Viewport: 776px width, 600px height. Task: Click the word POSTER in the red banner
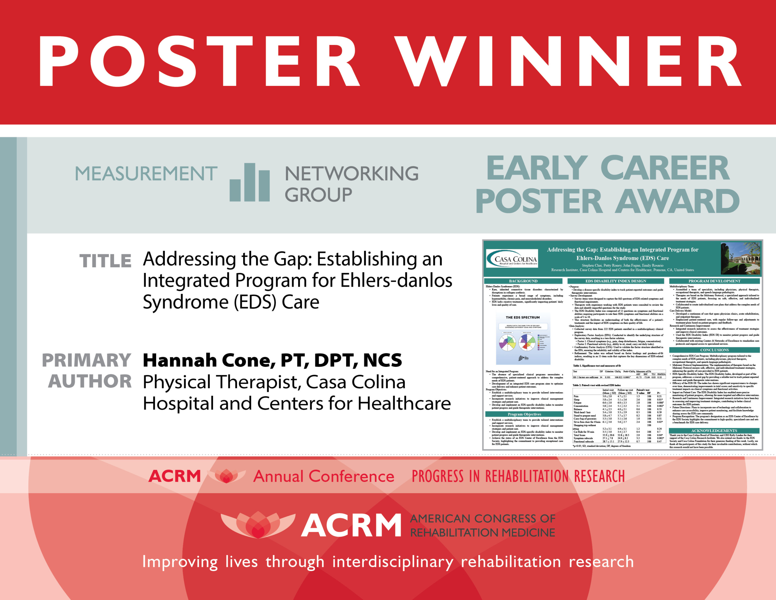[199, 61]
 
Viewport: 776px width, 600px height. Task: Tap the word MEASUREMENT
[146, 174]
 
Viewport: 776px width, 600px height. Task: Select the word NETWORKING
[351, 174]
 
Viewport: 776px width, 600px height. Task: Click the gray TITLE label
[105, 261]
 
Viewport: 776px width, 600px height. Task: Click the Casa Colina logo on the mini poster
[512, 259]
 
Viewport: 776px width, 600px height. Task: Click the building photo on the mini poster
[741, 258]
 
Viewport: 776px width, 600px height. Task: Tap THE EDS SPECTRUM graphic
[523, 339]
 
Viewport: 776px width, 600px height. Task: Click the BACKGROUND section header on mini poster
[523, 281]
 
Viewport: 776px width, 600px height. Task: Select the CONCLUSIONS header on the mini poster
[714, 350]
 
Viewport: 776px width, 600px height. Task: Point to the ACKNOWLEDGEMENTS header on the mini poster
[714, 431]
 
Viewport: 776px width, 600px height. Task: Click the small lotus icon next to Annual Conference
[226, 476]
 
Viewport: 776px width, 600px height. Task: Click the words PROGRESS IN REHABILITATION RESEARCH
[518, 476]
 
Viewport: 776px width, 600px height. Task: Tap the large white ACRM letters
[351, 525]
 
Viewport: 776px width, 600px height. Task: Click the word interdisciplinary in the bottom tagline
[393, 562]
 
